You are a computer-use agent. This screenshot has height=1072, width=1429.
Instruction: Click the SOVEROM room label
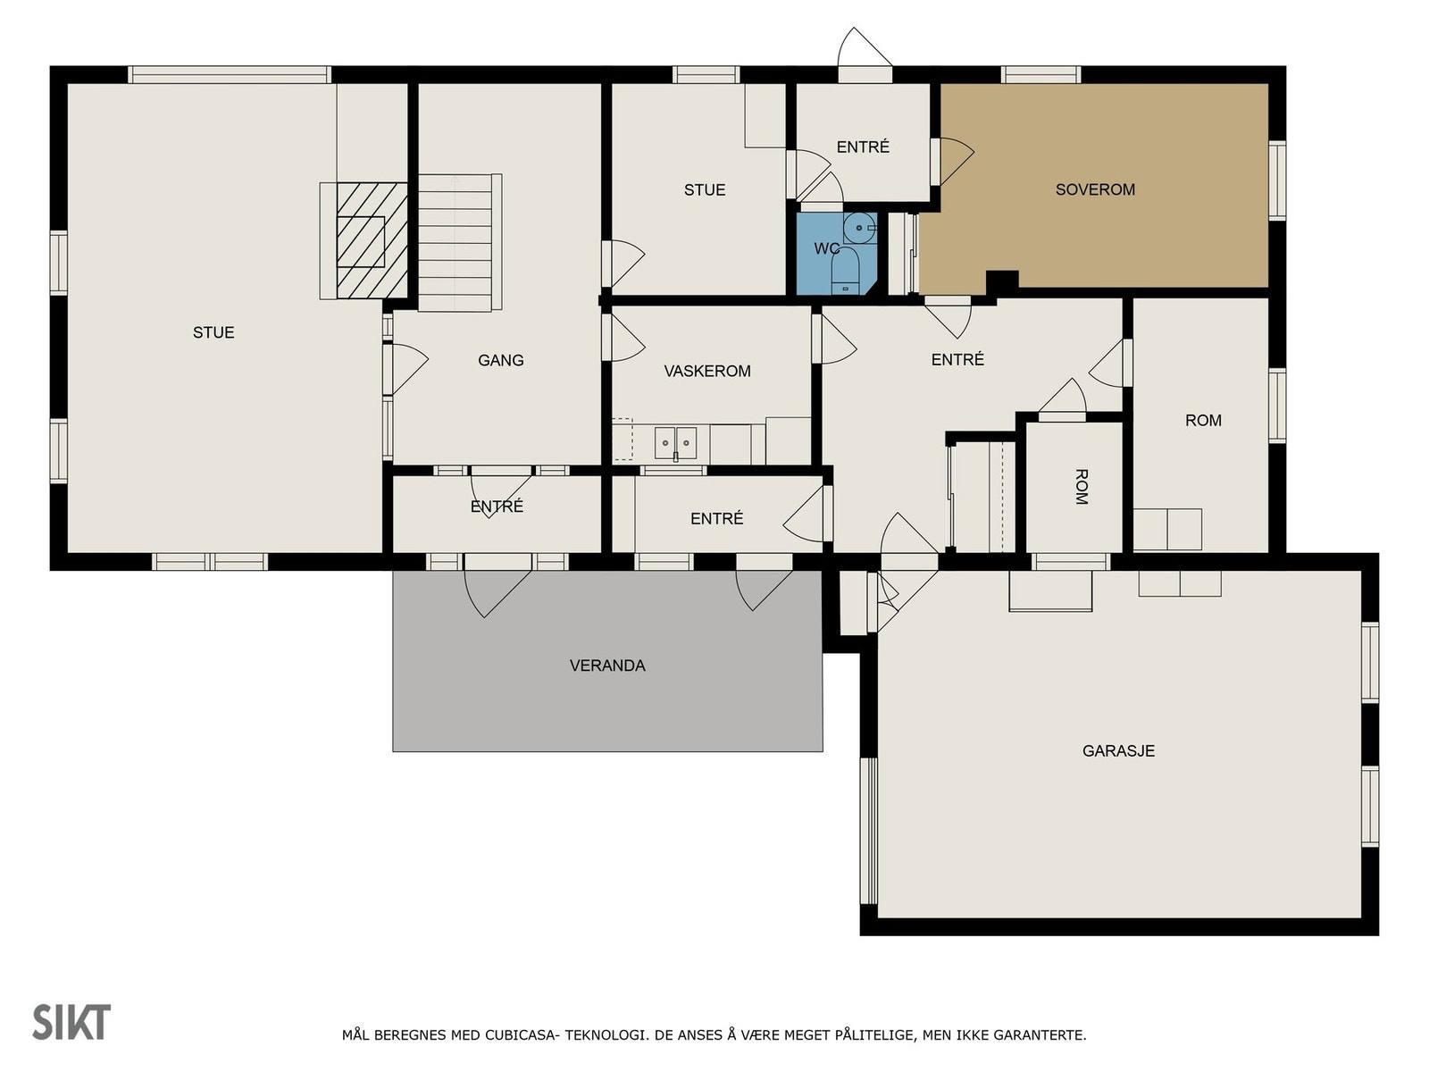click(1094, 189)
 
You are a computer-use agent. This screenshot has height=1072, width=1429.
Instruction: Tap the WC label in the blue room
click(826, 248)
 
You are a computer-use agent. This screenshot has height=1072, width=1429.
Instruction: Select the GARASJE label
click(1118, 750)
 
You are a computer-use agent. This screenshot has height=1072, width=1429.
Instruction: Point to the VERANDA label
click(606, 666)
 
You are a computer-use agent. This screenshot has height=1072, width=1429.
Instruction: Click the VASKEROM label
click(706, 371)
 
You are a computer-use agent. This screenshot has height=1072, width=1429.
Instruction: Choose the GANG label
click(500, 360)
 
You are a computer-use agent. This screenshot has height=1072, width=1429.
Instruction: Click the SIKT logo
click(71, 1022)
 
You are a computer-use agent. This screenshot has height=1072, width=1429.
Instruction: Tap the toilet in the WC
click(845, 270)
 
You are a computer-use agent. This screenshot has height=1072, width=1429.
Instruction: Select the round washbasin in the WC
click(859, 228)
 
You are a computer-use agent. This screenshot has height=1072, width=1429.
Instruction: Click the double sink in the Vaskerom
click(675, 442)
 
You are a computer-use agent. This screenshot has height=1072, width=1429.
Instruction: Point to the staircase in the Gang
click(459, 242)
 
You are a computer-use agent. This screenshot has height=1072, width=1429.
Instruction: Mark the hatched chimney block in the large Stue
click(372, 241)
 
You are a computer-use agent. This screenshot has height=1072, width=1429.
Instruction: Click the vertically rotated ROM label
click(1080, 486)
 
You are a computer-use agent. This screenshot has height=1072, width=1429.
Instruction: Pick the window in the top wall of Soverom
click(1040, 74)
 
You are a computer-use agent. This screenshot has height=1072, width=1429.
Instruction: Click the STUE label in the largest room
click(213, 332)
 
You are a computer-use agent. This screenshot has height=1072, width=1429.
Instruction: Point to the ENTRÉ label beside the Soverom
click(863, 147)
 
